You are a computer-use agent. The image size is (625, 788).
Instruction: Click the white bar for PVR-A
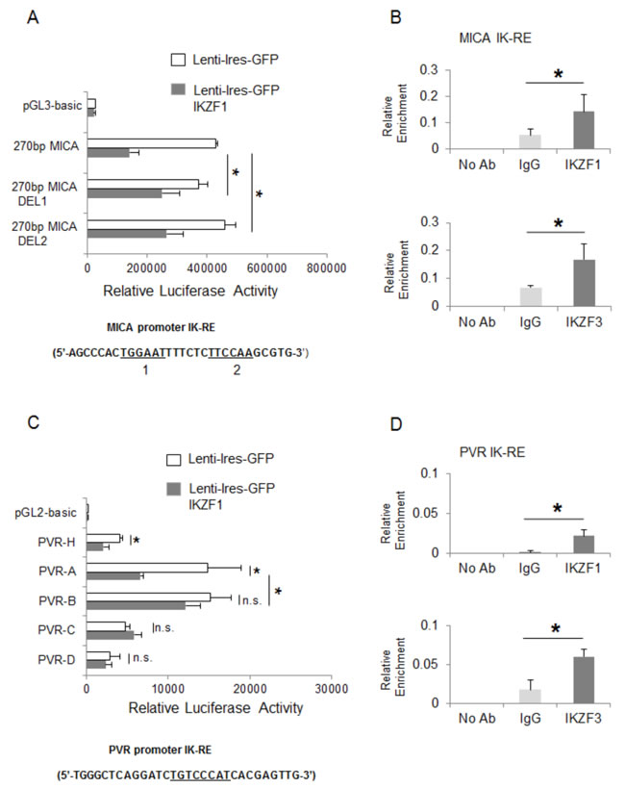[147, 568]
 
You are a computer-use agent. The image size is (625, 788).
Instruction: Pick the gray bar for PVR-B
[136, 605]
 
